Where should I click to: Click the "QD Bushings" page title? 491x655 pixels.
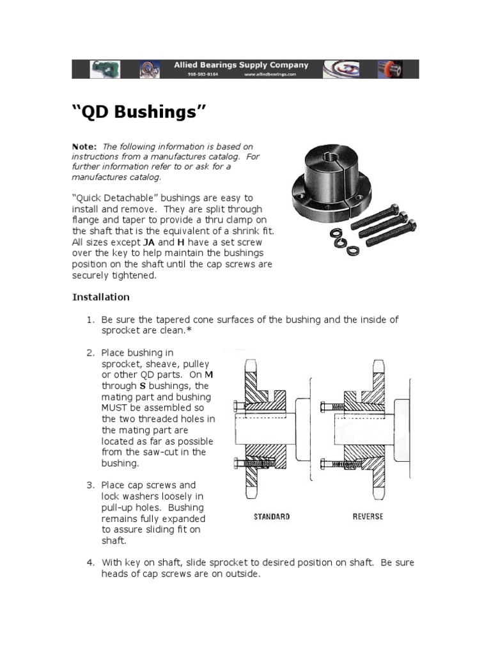pos(139,113)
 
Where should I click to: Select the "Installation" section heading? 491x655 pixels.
pos(100,297)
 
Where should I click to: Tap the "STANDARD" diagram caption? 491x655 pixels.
pos(272,516)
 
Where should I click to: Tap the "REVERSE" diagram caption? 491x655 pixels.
pos(368,516)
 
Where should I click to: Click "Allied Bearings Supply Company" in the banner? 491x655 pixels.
pos(242,65)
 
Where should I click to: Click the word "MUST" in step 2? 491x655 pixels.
pos(115,408)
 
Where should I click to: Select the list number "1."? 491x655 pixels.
pos(91,319)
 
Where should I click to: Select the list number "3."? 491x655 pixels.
pos(91,485)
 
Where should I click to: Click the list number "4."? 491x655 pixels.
pos(91,562)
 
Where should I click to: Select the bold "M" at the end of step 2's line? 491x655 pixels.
pos(211,375)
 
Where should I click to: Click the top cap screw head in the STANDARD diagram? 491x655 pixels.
pos(237,405)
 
